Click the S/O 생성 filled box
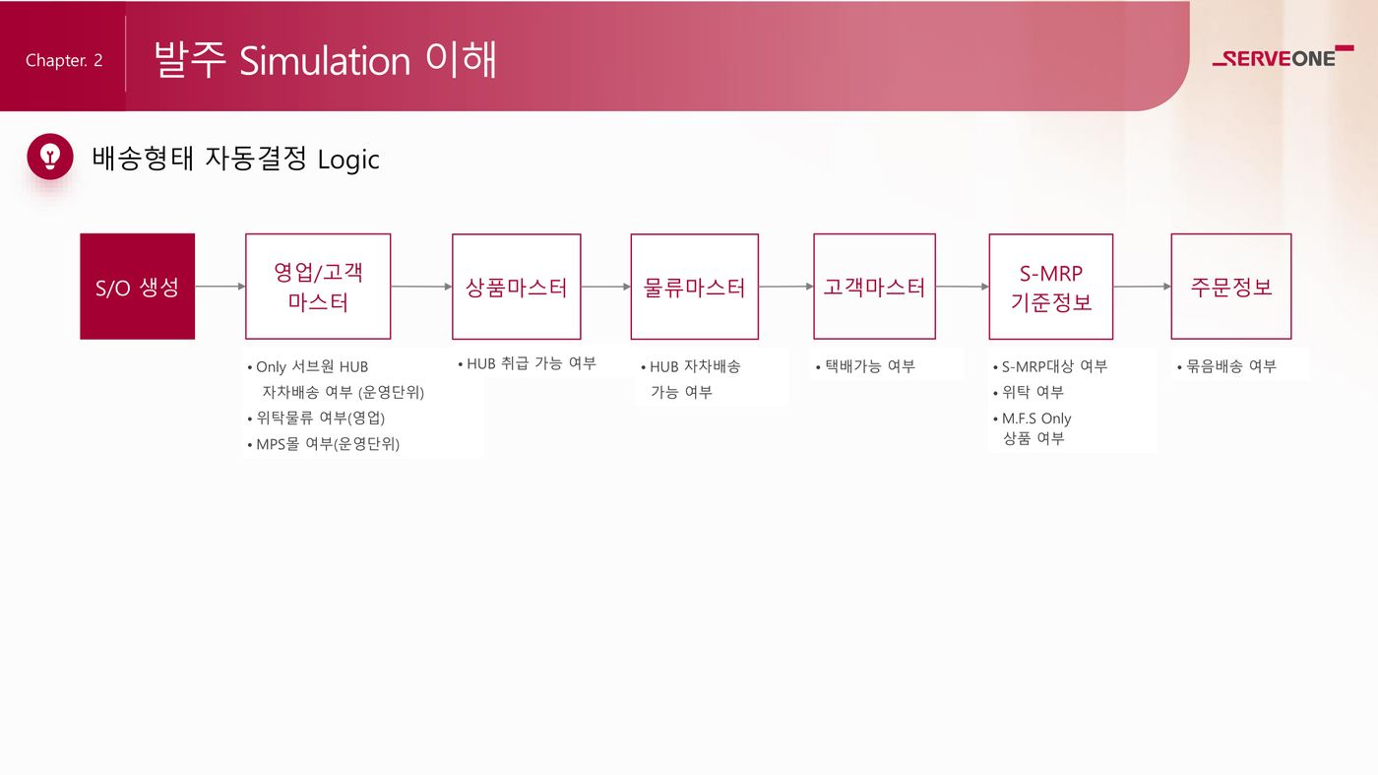pyautogui.click(x=137, y=287)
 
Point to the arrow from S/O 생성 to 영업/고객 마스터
pyautogui.click(x=220, y=287)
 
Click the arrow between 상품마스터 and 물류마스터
pyautogui.click(x=606, y=287)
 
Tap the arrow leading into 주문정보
pyautogui.click(x=1142, y=287)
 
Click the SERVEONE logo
pyautogui.click(x=1283, y=57)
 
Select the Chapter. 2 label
pyautogui.click(x=64, y=60)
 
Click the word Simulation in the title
pyautogui.click(x=325, y=62)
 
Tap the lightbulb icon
pyautogui.click(x=50, y=157)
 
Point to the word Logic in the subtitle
pyautogui.click(x=348, y=161)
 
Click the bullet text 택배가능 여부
pyautogui.click(x=870, y=366)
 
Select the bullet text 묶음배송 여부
pyautogui.click(x=1231, y=366)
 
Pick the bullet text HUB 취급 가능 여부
pyautogui.click(x=532, y=363)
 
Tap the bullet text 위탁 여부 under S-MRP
pyautogui.click(x=1033, y=392)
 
